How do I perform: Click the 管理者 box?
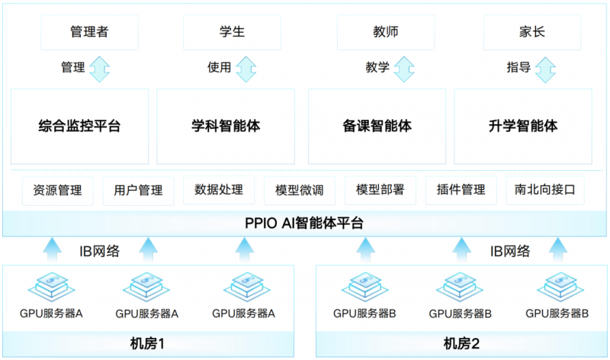[x=90, y=32]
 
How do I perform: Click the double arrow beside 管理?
[x=100, y=68]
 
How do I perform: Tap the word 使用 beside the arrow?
[x=219, y=68]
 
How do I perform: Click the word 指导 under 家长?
[x=518, y=68]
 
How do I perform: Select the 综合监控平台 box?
[x=79, y=126]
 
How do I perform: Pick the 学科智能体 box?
[x=226, y=126]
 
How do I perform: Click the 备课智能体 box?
[x=377, y=126]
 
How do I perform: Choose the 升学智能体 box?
[x=523, y=126]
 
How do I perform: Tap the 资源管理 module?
[x=53, y=190]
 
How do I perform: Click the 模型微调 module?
[x=294, y=190]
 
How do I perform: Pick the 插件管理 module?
[x=456, y=190]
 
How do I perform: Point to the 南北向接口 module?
[x=544, y=190]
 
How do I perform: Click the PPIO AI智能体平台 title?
[x=305, y=224]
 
